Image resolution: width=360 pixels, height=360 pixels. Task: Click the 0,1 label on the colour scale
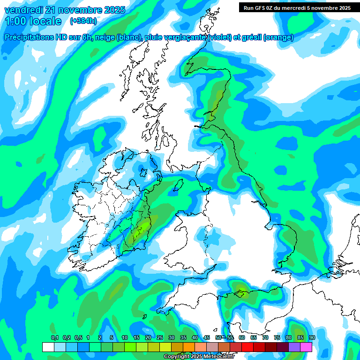pyautogui.click(x=54, y=338)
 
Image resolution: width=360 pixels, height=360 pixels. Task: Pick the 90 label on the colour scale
pyautogui.click(x=312, y=338)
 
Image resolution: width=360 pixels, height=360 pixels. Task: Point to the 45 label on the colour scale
pyautogui.click(x=207, y=338)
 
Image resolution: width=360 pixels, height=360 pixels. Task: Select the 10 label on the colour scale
pyautogui.click(x=125, y=338)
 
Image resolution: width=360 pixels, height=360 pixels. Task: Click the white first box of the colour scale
pyautogui.click(x=48, y=347)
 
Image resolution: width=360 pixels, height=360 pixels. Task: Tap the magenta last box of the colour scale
pyautogui.click(x=306, y=347)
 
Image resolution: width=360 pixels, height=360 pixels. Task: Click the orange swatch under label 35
pyautogui.click(x=189, y=347)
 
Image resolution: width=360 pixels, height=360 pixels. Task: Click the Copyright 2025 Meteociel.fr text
pyautogui.click(x=199, y=356)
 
